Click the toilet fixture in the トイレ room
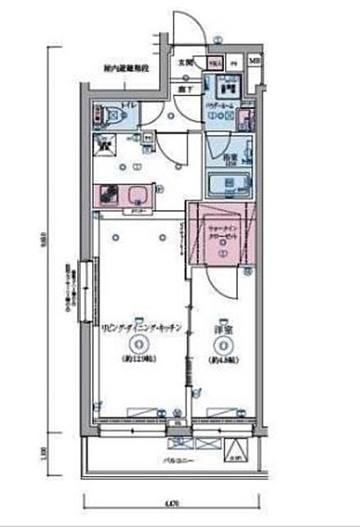point(106,113)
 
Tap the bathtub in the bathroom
point(227,184)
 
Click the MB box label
point(253,62)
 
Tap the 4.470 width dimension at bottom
point(172,502)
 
